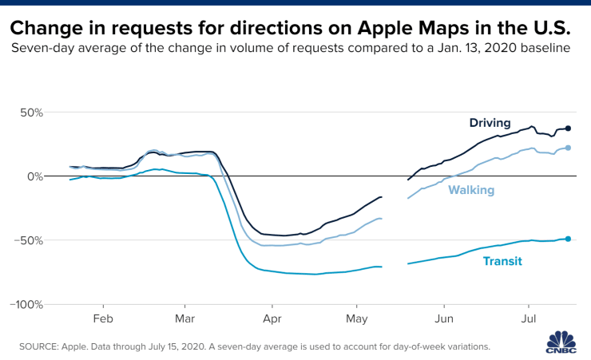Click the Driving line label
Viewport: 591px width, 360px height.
click(x=490, y=122)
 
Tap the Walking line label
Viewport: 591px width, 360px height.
click(x=471, y=190)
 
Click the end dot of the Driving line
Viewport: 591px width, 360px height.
click(x=568, y=129)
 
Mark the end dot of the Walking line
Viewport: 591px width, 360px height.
click(x=568, y=148)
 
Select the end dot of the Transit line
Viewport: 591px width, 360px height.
click(x=568, y=239)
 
